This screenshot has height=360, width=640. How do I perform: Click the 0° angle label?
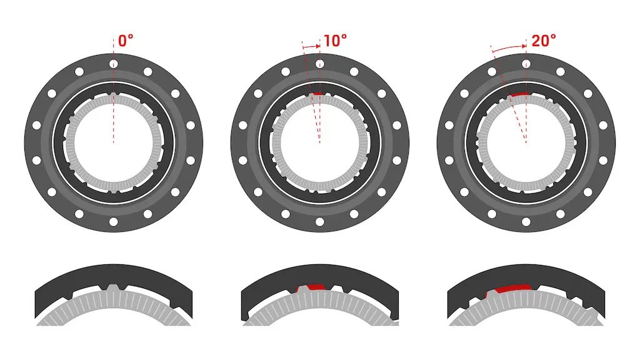(126, 41)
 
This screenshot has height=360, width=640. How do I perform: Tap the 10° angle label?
(335, 41)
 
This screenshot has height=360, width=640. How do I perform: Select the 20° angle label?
(543, 41)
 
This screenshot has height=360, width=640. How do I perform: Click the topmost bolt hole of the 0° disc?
(113, 64)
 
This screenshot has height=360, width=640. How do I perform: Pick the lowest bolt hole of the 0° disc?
(113, 222)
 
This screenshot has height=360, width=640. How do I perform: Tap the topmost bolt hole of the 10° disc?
(320, 64)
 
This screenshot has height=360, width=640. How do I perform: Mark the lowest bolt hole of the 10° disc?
(320, 222)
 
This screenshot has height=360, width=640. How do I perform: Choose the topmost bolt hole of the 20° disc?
(526, 64)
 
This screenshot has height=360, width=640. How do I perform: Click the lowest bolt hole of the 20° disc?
(526, 222)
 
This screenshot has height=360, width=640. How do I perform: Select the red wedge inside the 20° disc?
(519, 94)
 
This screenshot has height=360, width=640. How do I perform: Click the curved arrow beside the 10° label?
(311, 46)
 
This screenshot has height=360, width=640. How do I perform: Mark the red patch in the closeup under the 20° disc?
(512, 288)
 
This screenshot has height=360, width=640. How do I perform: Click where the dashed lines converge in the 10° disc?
(320, 143)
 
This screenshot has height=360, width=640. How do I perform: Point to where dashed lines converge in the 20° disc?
(526, 143)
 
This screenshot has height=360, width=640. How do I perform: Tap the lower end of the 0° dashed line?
(113, 143)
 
